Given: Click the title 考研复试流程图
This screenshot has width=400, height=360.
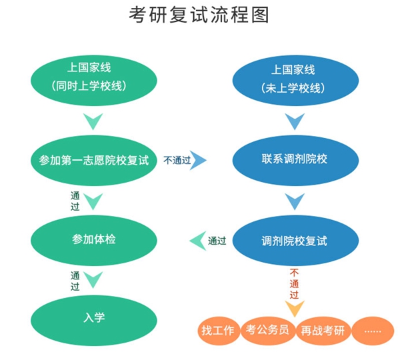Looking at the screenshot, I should coord(199,15).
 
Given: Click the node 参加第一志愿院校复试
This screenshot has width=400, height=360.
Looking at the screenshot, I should coord(94,160).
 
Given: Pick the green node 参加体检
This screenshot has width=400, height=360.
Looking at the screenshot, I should coord(94,239).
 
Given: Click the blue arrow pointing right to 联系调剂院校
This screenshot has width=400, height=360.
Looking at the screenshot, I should coord(199,160).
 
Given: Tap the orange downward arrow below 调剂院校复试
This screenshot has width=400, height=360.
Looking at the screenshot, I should coord(295,308).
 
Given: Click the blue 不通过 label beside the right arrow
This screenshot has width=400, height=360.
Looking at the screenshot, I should coord(177,160).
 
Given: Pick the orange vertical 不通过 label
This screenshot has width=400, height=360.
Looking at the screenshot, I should coord(295,283).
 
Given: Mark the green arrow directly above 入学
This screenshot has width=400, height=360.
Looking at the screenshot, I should coord(94,279).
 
